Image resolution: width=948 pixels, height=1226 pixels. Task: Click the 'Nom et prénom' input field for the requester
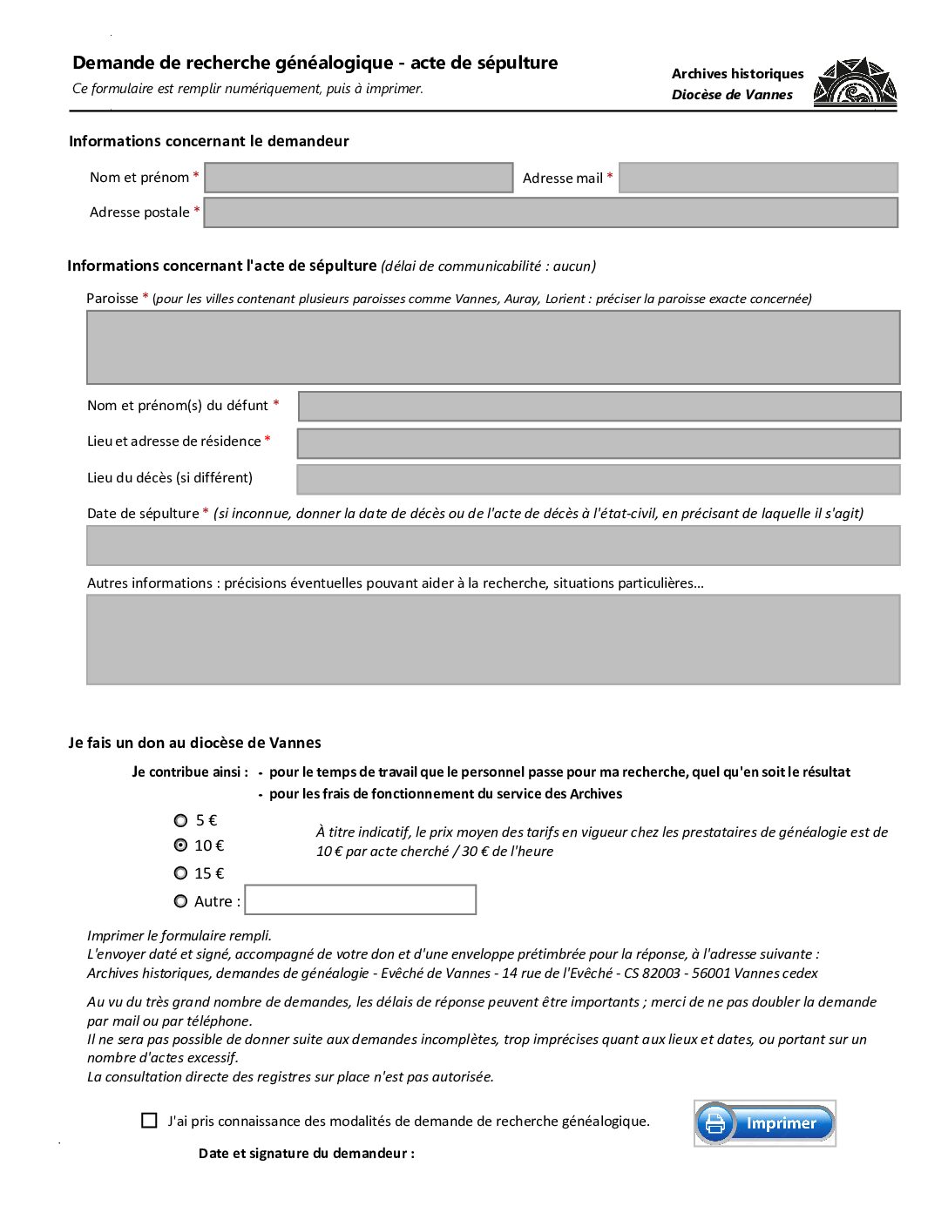(358, 178)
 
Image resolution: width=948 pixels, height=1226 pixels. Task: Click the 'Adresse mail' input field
(758, 178)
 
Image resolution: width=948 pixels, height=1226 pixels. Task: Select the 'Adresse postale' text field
(551, 212)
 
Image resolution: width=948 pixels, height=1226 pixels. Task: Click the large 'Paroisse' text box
(493, 347)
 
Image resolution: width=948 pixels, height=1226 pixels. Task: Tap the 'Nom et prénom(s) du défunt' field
(599, 407)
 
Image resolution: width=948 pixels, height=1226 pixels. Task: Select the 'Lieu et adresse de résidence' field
(599, 443)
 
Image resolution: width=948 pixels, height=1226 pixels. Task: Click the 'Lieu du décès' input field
(599, 480)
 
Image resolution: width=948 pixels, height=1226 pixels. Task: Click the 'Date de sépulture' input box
(493, 546)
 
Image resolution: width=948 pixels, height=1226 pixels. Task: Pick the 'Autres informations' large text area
(493, 639)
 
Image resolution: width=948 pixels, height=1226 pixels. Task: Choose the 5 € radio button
(181, 820)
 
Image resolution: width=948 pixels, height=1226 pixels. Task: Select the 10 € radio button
(181, 845)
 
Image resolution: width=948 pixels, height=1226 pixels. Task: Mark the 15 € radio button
(181, 873)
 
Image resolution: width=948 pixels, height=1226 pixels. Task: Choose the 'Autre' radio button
(181, 901)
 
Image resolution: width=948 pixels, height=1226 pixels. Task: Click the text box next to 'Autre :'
(361, 900)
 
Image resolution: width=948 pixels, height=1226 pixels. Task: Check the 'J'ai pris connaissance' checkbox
(150, 1121)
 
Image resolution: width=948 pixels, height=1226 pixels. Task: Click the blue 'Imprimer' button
(765, 1123)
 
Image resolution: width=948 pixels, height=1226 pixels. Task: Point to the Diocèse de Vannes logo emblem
(855, 84)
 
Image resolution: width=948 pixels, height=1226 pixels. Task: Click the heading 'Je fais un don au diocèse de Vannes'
(195, 743)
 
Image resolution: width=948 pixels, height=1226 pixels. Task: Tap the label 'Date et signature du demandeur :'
(307, 1154)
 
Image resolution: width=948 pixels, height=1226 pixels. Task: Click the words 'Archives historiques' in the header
(737, 74)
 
